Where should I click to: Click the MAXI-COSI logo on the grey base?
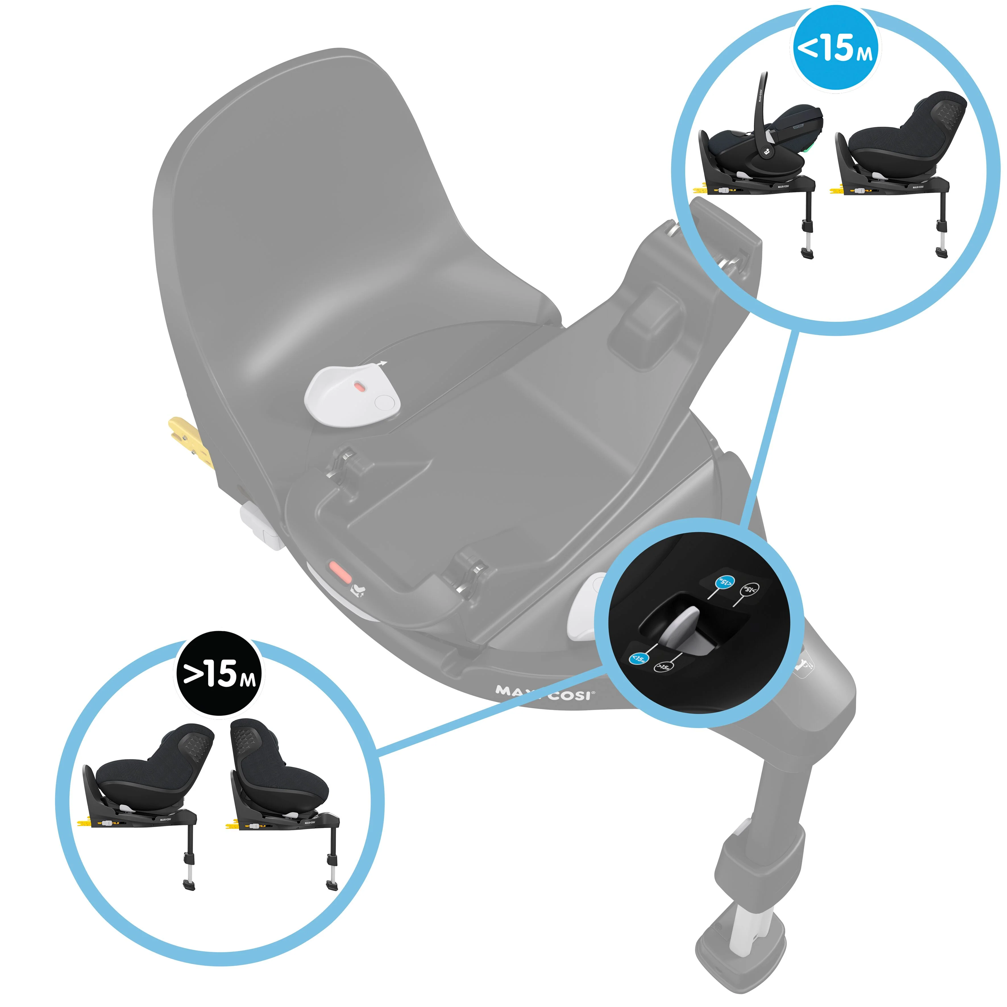(x=544, y=693)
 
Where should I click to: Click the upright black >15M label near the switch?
(x=663, y=667)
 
